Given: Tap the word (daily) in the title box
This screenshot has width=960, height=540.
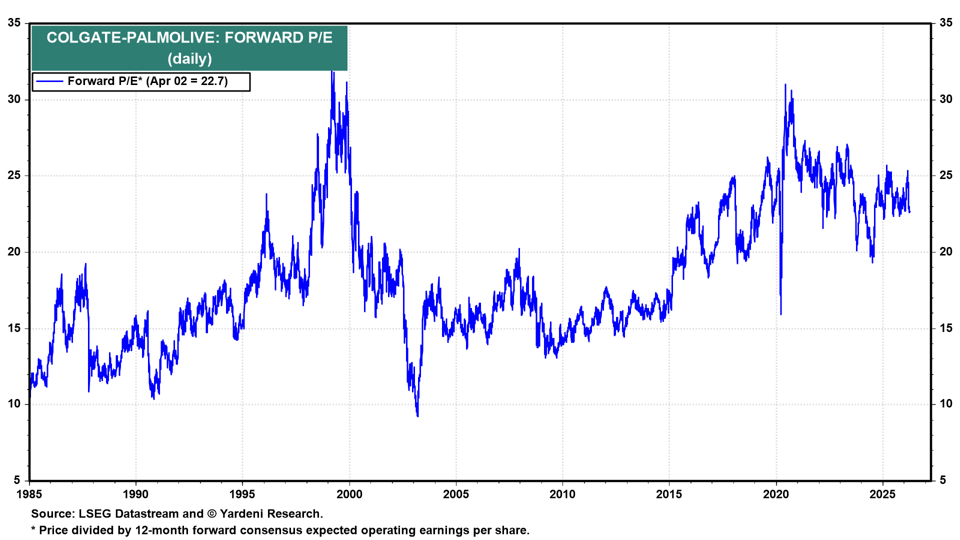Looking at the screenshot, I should (189, 59).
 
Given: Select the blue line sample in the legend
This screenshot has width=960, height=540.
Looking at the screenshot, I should (49, 81).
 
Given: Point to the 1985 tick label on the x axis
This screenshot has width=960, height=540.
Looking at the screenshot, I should (29, 494).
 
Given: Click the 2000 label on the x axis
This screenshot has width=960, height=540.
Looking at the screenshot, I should (349, 494).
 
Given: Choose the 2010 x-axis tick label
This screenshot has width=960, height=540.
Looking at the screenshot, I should (562, 494).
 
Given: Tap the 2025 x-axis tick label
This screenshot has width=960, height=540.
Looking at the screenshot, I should (882, 494).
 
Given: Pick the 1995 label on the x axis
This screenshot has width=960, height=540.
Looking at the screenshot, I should (242, 494).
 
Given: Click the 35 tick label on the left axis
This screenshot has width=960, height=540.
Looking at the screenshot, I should (14, 23).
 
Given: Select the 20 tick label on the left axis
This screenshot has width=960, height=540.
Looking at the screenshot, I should (14, 252).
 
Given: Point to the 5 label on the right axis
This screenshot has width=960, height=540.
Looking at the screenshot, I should (942, 480).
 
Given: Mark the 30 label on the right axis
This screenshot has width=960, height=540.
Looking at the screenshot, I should (945, 99).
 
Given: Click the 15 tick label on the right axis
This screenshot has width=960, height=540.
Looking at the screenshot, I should (945, 328).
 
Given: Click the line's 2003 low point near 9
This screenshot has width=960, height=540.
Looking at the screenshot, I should (417, 415).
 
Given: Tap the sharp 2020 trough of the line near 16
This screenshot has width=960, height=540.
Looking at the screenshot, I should (781, 313).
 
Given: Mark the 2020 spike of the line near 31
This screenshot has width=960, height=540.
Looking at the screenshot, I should (785, 85).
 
